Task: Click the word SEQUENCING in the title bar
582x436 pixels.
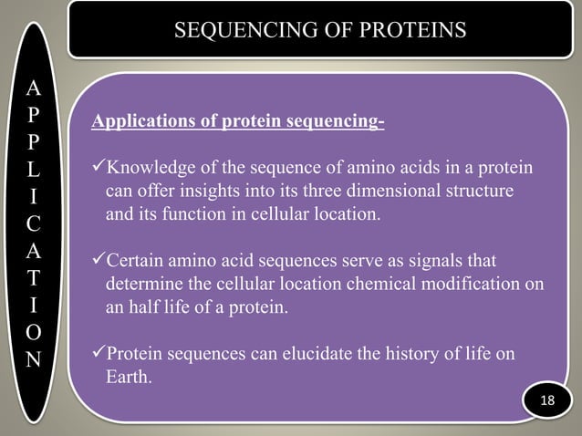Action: [x=234, y=31]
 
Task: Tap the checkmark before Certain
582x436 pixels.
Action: [x=99, y=263]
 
